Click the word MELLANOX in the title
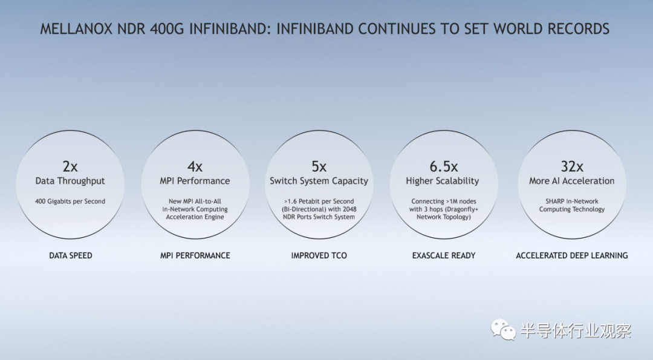[76, 29]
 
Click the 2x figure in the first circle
[70, 166]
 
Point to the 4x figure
[195, 166]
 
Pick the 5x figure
[319, 166]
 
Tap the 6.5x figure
[444, 166]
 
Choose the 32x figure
[572, 166]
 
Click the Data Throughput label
[70, 181]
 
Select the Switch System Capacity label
[319, 181]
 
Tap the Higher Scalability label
[443, 181]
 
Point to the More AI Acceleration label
[572, 181]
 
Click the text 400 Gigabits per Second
[70, 201]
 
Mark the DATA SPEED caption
[70, 255]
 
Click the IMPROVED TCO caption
[319, 255]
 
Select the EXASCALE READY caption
[444, 255]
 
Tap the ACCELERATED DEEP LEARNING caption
[572, 255]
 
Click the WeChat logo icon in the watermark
[504, 330]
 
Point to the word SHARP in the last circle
[554, 201]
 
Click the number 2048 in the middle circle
[349, 209]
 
